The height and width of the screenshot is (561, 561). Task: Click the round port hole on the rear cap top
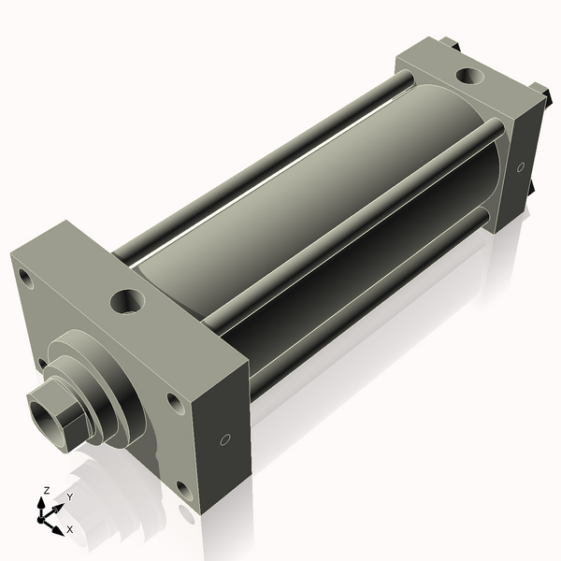[465, 76]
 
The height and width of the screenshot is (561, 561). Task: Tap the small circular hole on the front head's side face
[223, 440]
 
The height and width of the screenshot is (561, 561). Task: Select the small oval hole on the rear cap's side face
[521, 167]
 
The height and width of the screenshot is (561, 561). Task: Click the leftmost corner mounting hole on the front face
[25, 279]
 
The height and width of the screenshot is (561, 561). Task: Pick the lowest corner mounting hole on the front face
[180, 486]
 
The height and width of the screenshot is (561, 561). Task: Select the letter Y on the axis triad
[68, 497]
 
